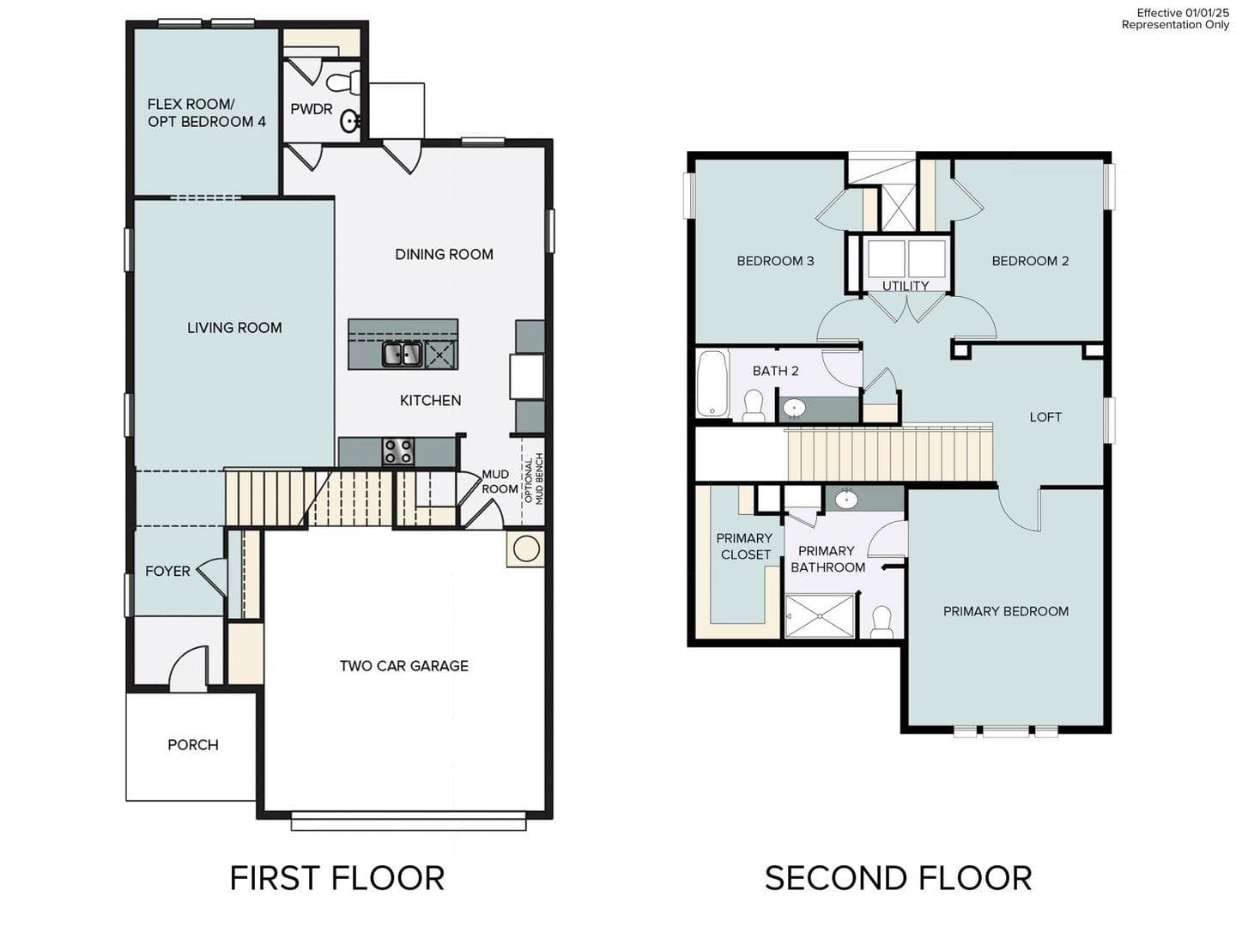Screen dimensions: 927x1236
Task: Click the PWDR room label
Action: [x=311, y=109]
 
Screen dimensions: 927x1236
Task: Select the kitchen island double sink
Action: [x=402, y=354]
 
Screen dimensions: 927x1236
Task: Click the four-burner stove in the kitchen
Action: [x=398, y=451]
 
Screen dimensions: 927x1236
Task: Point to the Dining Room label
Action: [x=444, y=254]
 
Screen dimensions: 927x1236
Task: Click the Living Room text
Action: [x=234, y=327]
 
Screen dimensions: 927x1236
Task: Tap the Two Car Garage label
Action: [x=403, y=665]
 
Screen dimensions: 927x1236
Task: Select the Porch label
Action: [x=192, y=744]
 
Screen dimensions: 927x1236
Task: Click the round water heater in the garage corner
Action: [x=525, y=548]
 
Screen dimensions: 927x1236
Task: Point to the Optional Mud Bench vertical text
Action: [x=533, y=479]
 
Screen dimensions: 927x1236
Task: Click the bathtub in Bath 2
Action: [x=712, y=384]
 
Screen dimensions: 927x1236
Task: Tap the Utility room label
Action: [x=906, y=286]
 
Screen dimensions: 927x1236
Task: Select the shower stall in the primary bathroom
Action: [x=820, y=615]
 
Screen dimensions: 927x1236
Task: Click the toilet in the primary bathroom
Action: [x=882, y=621]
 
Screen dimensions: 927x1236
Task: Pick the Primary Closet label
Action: [x=744, y=546]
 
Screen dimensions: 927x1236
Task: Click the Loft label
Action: [x=1045, y=416]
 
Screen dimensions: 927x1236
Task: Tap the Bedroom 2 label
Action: [x=1030, y=261]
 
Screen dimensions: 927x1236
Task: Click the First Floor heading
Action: [x=336, y=878]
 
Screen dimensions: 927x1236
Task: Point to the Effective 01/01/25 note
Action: [x=1183, y=13]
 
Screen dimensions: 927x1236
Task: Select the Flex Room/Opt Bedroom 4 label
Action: [x=206, y=112]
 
